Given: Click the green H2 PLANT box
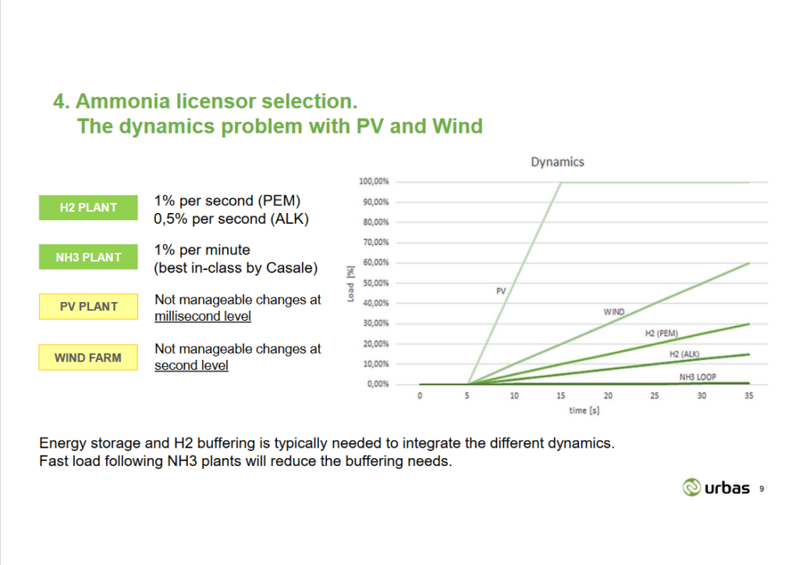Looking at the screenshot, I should [88, 208].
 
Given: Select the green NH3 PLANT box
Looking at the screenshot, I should [88, 257].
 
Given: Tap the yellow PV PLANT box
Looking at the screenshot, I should [88, 307].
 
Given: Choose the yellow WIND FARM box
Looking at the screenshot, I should [88, 357].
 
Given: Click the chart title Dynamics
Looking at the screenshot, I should [557, 162].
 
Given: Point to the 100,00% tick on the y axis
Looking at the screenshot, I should [374, 182].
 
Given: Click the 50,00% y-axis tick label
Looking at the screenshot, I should [376, 283].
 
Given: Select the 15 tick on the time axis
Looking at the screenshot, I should [561, 396].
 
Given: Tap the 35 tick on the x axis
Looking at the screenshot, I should [749, 396].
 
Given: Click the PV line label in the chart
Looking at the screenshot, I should [501, 291].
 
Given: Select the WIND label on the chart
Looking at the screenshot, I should [614, 312].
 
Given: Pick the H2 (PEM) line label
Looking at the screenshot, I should [662, 334].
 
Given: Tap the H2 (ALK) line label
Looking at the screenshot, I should [684, 354].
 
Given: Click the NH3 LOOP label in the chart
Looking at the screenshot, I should [698, 377].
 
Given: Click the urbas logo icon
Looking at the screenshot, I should [691, 488].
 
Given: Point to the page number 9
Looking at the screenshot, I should [761, 489].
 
